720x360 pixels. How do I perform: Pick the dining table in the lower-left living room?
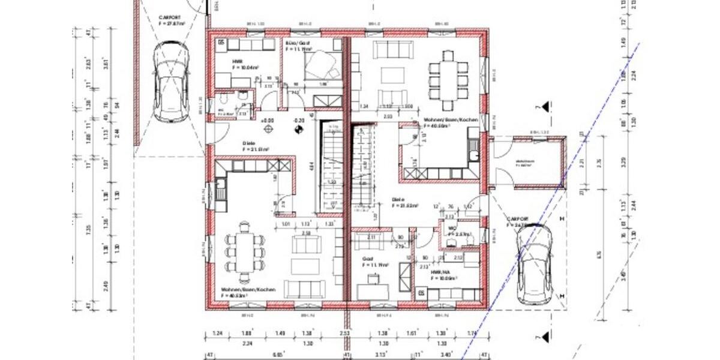pyautogui.click(x=244, y=250)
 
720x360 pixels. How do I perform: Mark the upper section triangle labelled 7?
pyautogui.click(x=545, y=107)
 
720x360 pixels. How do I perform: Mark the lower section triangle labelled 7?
pyautogui.click(x=545, y=338)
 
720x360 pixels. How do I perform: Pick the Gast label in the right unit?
pyautogui.click(x=368, y=260)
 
